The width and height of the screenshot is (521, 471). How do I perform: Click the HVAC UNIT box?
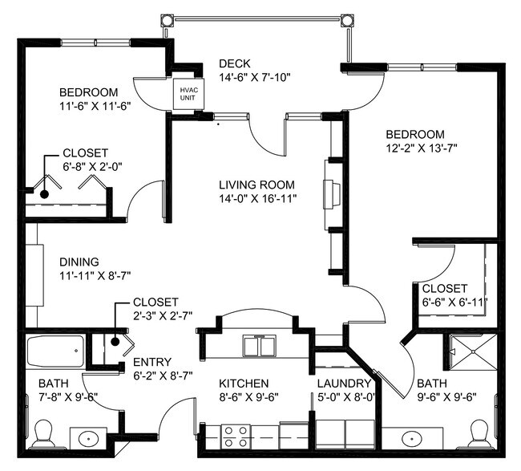(188, 94)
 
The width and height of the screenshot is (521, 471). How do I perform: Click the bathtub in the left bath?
(55, 351)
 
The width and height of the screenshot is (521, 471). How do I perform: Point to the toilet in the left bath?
(44, 436)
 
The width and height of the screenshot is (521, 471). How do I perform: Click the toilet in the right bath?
(480, 434)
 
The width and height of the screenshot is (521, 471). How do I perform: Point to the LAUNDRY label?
(343, 384)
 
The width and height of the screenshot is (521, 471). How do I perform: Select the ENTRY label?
(151, 362)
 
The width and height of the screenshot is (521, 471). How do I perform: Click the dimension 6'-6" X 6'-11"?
(454, 302)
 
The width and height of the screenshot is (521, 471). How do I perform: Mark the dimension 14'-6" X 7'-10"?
(254, 78)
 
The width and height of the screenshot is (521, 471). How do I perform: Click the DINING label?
(79, 262)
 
